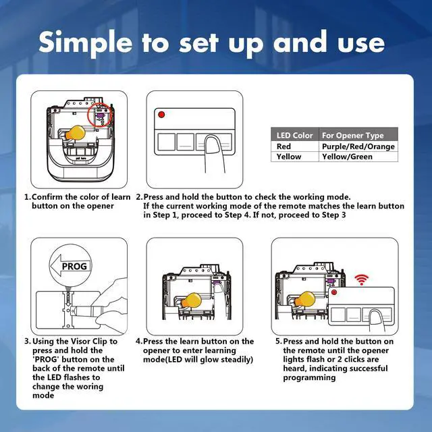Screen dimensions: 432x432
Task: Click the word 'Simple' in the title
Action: click(86, 43)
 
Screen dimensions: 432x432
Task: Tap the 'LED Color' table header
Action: click(294, 135)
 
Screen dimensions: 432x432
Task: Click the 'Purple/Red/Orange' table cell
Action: click(358, 146)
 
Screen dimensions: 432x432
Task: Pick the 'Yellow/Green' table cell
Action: click(347, 157)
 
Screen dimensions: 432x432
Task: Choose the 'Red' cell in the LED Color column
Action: click(283, 146)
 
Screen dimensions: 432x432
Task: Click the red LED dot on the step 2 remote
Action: click(161, 114)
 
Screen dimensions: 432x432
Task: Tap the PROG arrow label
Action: click(70, 266)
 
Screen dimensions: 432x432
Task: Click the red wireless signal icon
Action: click(361, 279)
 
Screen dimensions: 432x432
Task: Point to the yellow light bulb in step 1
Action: click(75, 133)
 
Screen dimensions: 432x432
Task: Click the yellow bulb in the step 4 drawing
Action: click(192, 300)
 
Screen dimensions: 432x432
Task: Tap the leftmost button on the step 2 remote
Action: click(166, 142)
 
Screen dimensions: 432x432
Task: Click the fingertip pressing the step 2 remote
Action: click(212, 142)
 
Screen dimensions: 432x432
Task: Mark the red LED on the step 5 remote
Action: click(334, 292)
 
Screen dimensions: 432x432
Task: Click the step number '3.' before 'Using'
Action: click(28, 342)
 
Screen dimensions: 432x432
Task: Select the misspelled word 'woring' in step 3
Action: click(88, 386)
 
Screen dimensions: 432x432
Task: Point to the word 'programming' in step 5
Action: click(309, 378)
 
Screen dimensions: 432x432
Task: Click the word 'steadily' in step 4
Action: click(235, 360)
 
